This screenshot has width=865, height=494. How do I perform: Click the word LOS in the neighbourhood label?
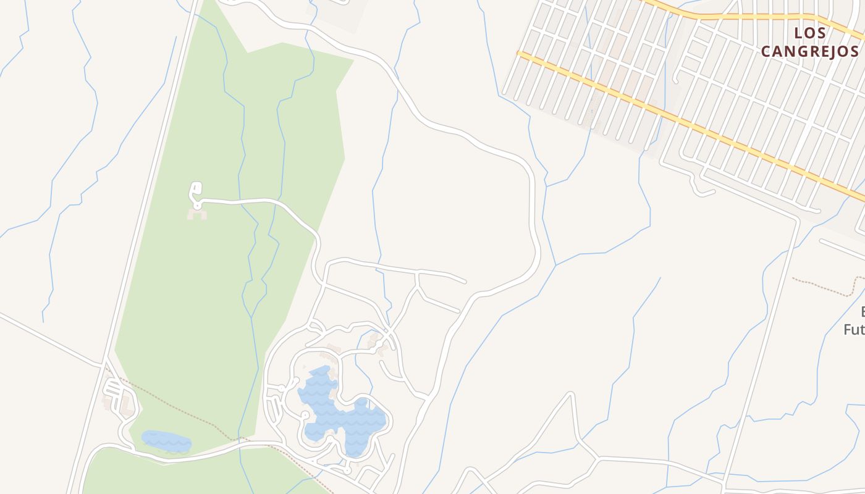809,33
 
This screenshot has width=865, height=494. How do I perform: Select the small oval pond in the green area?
166,441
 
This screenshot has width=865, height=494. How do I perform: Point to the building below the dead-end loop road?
197,215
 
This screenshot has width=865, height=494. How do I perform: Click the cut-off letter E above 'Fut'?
861,311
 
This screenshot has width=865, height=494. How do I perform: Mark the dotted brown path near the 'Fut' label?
822,285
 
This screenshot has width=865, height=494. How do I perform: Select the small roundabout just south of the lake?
347,471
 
